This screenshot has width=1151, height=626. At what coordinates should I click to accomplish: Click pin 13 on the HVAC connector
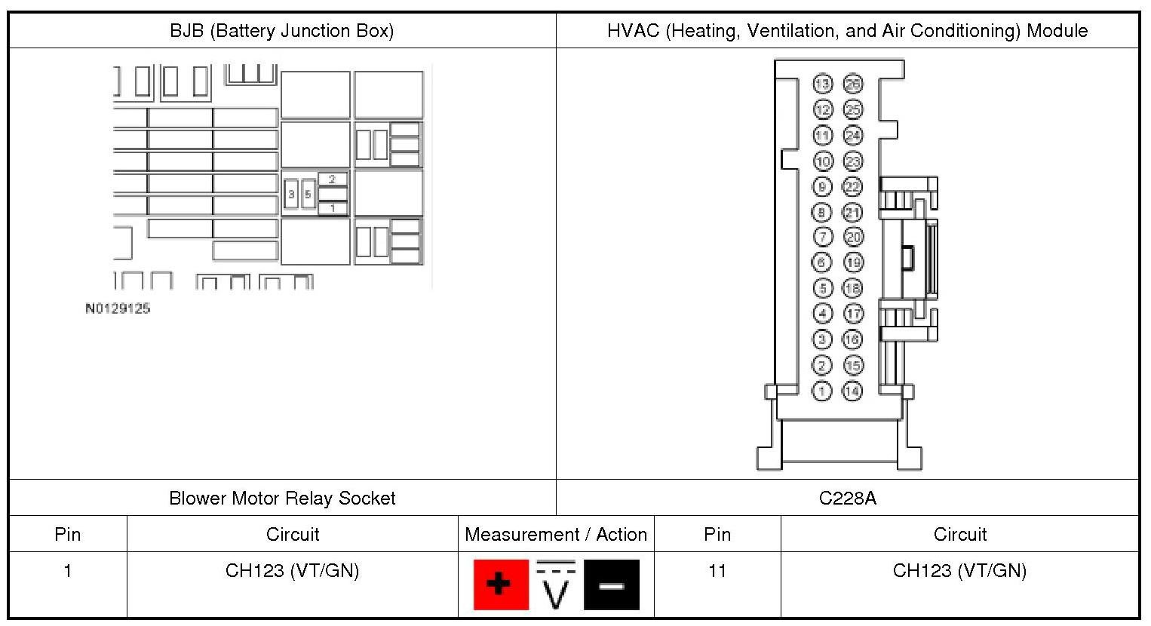click(x=822, y=84)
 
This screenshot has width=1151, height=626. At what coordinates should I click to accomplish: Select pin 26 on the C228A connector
click(x=852, y=84)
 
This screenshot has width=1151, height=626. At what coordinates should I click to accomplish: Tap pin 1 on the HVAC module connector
click(x=822, y=391)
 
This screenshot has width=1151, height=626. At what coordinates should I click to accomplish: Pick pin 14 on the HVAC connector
click(x=852, y=391)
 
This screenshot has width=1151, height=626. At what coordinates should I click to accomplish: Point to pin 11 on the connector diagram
click(x=822, y=135)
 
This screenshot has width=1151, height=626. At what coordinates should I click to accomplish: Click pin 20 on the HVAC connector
click(x=852, y=237)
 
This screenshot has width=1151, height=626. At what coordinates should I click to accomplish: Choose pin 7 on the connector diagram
click(x=822, y=237)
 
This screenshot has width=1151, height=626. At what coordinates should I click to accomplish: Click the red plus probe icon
click(x=501, y=585)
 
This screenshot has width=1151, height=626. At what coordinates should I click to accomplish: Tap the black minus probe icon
click(x=612, y=585)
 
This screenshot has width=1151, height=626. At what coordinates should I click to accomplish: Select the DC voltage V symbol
click(x=556, y=585)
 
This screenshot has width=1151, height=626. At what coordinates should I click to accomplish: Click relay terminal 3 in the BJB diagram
click(x=292, y=195)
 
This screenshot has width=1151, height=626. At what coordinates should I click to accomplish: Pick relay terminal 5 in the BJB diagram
click(x=308, y=195)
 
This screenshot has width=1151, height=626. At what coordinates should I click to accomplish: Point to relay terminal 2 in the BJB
click(x=332, y=180)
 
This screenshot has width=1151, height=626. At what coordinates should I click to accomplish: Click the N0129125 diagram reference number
click(x=118, y=308)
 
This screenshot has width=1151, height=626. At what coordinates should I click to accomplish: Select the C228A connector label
click(x=847, y=498)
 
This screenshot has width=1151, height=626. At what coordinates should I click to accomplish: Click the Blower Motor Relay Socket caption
click(x=282, y=498)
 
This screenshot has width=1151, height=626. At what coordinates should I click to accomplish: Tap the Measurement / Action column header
click(x=556, y=534)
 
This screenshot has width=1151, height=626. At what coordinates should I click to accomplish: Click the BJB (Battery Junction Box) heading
click(x=281, y=31)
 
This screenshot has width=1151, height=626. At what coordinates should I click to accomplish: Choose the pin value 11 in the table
click(x=717, y=571)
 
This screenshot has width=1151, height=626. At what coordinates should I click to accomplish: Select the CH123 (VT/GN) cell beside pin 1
click(x=292, y=571)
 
